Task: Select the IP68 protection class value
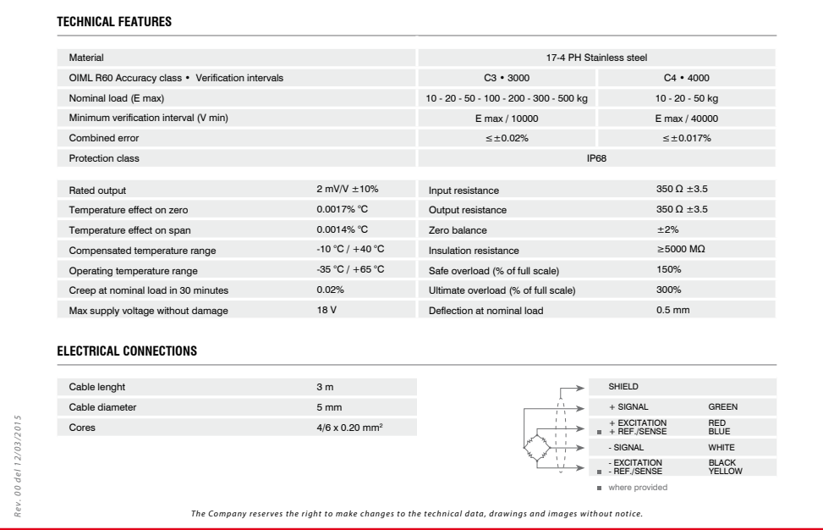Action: coord(597,158)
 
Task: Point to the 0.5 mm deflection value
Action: coord(673,311)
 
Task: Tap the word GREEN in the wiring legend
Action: coord(723,407)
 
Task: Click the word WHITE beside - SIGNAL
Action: coord(721,447)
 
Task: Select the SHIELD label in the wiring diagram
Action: coord(623,387)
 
